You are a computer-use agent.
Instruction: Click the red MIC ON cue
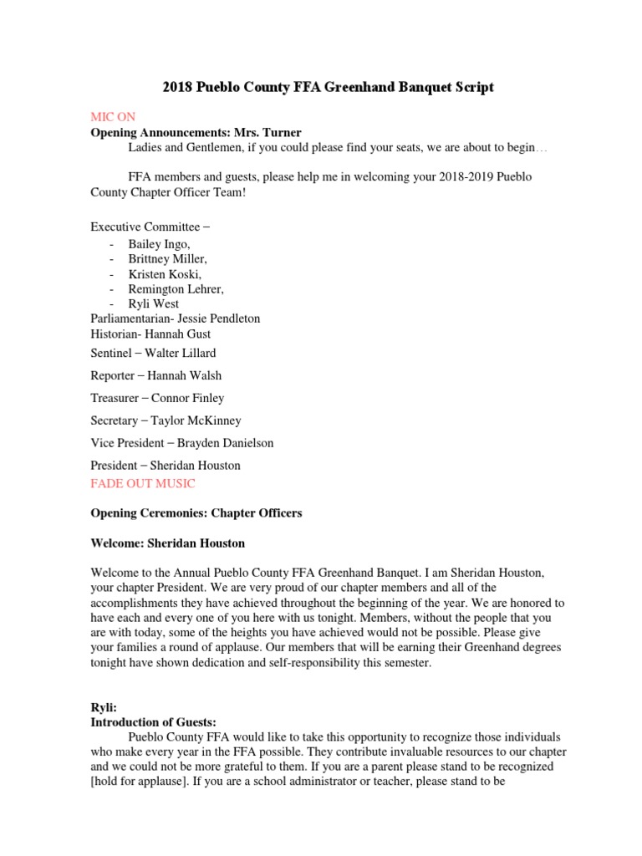(113, 117)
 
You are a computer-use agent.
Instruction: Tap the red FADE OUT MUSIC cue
(143, 483)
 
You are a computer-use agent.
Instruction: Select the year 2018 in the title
(176, 87)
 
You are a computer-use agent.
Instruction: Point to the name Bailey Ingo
(159, 244)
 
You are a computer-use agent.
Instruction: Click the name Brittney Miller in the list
(167, 259)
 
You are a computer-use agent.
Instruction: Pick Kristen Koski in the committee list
(164, 274)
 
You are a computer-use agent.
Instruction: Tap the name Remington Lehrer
(176, 289)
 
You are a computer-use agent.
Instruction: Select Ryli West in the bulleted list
(153, 304)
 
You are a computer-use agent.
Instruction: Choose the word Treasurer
(117, 399)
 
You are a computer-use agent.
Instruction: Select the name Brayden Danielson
(225, 443)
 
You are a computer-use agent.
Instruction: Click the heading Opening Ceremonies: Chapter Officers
(196, 513)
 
